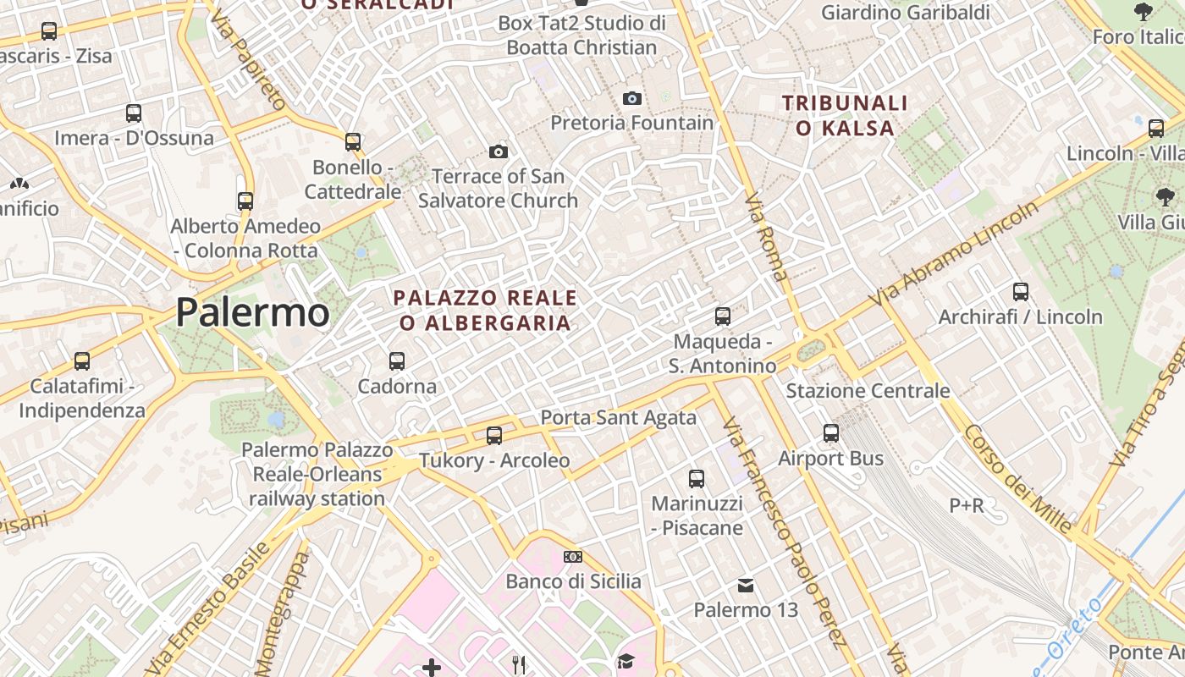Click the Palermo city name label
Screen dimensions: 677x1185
click(252, 312)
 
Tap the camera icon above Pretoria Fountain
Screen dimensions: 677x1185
click(631, 98)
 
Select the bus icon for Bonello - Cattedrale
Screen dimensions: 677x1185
click(353, 141)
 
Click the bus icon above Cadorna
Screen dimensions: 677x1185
click(396, 361)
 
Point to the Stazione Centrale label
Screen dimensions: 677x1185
click(868, 391)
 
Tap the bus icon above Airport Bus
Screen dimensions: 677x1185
click(831, 433)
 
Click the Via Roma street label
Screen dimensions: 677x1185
click(767, 237)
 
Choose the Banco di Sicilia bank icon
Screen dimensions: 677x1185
click(573, 557)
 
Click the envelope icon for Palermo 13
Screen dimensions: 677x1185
click(746, 585)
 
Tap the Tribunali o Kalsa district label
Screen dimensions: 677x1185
click(845, 116)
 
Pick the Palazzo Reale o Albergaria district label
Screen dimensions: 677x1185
click(486, 311)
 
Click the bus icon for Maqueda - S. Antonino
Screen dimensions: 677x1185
click(722, 316)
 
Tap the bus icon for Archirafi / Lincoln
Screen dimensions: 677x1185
click(1021, 292)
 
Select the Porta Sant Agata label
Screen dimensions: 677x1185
click(618, 417)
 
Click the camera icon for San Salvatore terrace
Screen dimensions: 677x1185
click(499, 152)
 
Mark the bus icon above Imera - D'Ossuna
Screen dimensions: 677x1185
click(133, 113)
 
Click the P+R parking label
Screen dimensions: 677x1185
click(966, 506)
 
